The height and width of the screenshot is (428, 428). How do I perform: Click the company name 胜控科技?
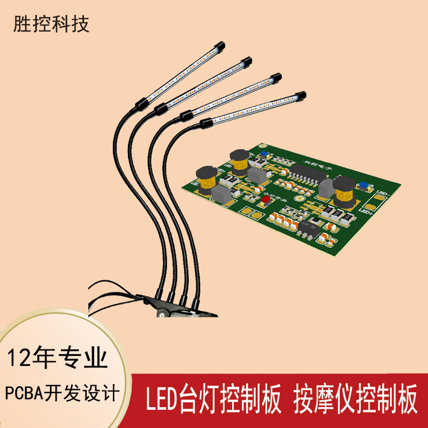coord(51,25)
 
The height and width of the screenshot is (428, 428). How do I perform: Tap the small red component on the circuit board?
coord(266,200)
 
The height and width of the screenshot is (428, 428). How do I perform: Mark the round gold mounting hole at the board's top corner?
coord(262,146)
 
